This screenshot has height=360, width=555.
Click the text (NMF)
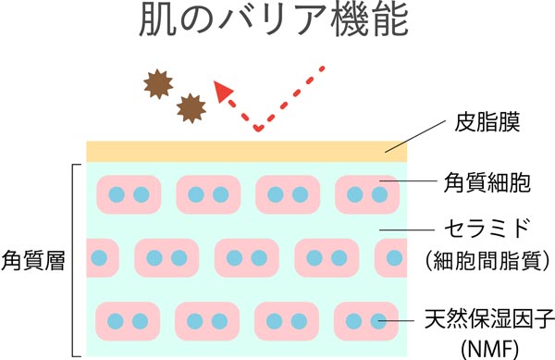point(488,347)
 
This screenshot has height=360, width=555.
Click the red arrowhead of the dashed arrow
point(222,90)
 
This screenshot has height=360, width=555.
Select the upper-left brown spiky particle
point(157,84)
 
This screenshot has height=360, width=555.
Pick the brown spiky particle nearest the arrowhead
point(191,107)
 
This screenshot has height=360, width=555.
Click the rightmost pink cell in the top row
point(366,194)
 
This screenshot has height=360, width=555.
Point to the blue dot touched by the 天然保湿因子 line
point(377,321)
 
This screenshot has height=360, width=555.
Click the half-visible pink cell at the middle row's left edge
point(103,256)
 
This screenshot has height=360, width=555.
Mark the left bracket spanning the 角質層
point(73,260)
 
